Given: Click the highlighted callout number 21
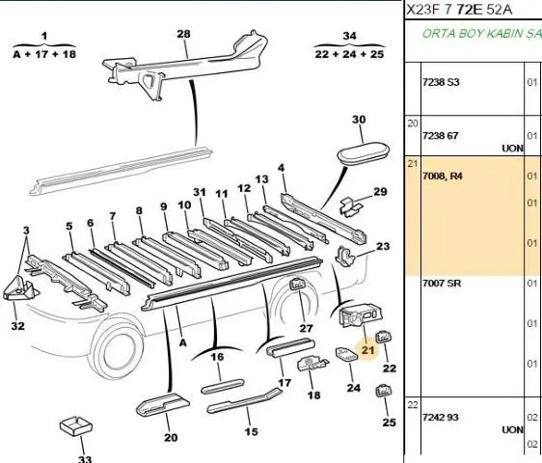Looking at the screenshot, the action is tap(367, 350).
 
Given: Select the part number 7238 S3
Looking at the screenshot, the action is tap(441, 82).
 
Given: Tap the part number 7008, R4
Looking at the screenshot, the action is tap(442, 176).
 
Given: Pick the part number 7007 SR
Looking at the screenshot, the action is tap(442, 284).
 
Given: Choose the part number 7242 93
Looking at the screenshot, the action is tap(441, 418).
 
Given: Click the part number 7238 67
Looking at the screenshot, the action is tap(440, 136).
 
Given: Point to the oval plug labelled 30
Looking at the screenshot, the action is tap(363, 151).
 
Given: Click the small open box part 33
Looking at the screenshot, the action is tap(76, 426).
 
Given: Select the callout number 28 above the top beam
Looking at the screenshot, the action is tap(183, 34).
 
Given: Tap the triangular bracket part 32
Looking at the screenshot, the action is tap(21, 289).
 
